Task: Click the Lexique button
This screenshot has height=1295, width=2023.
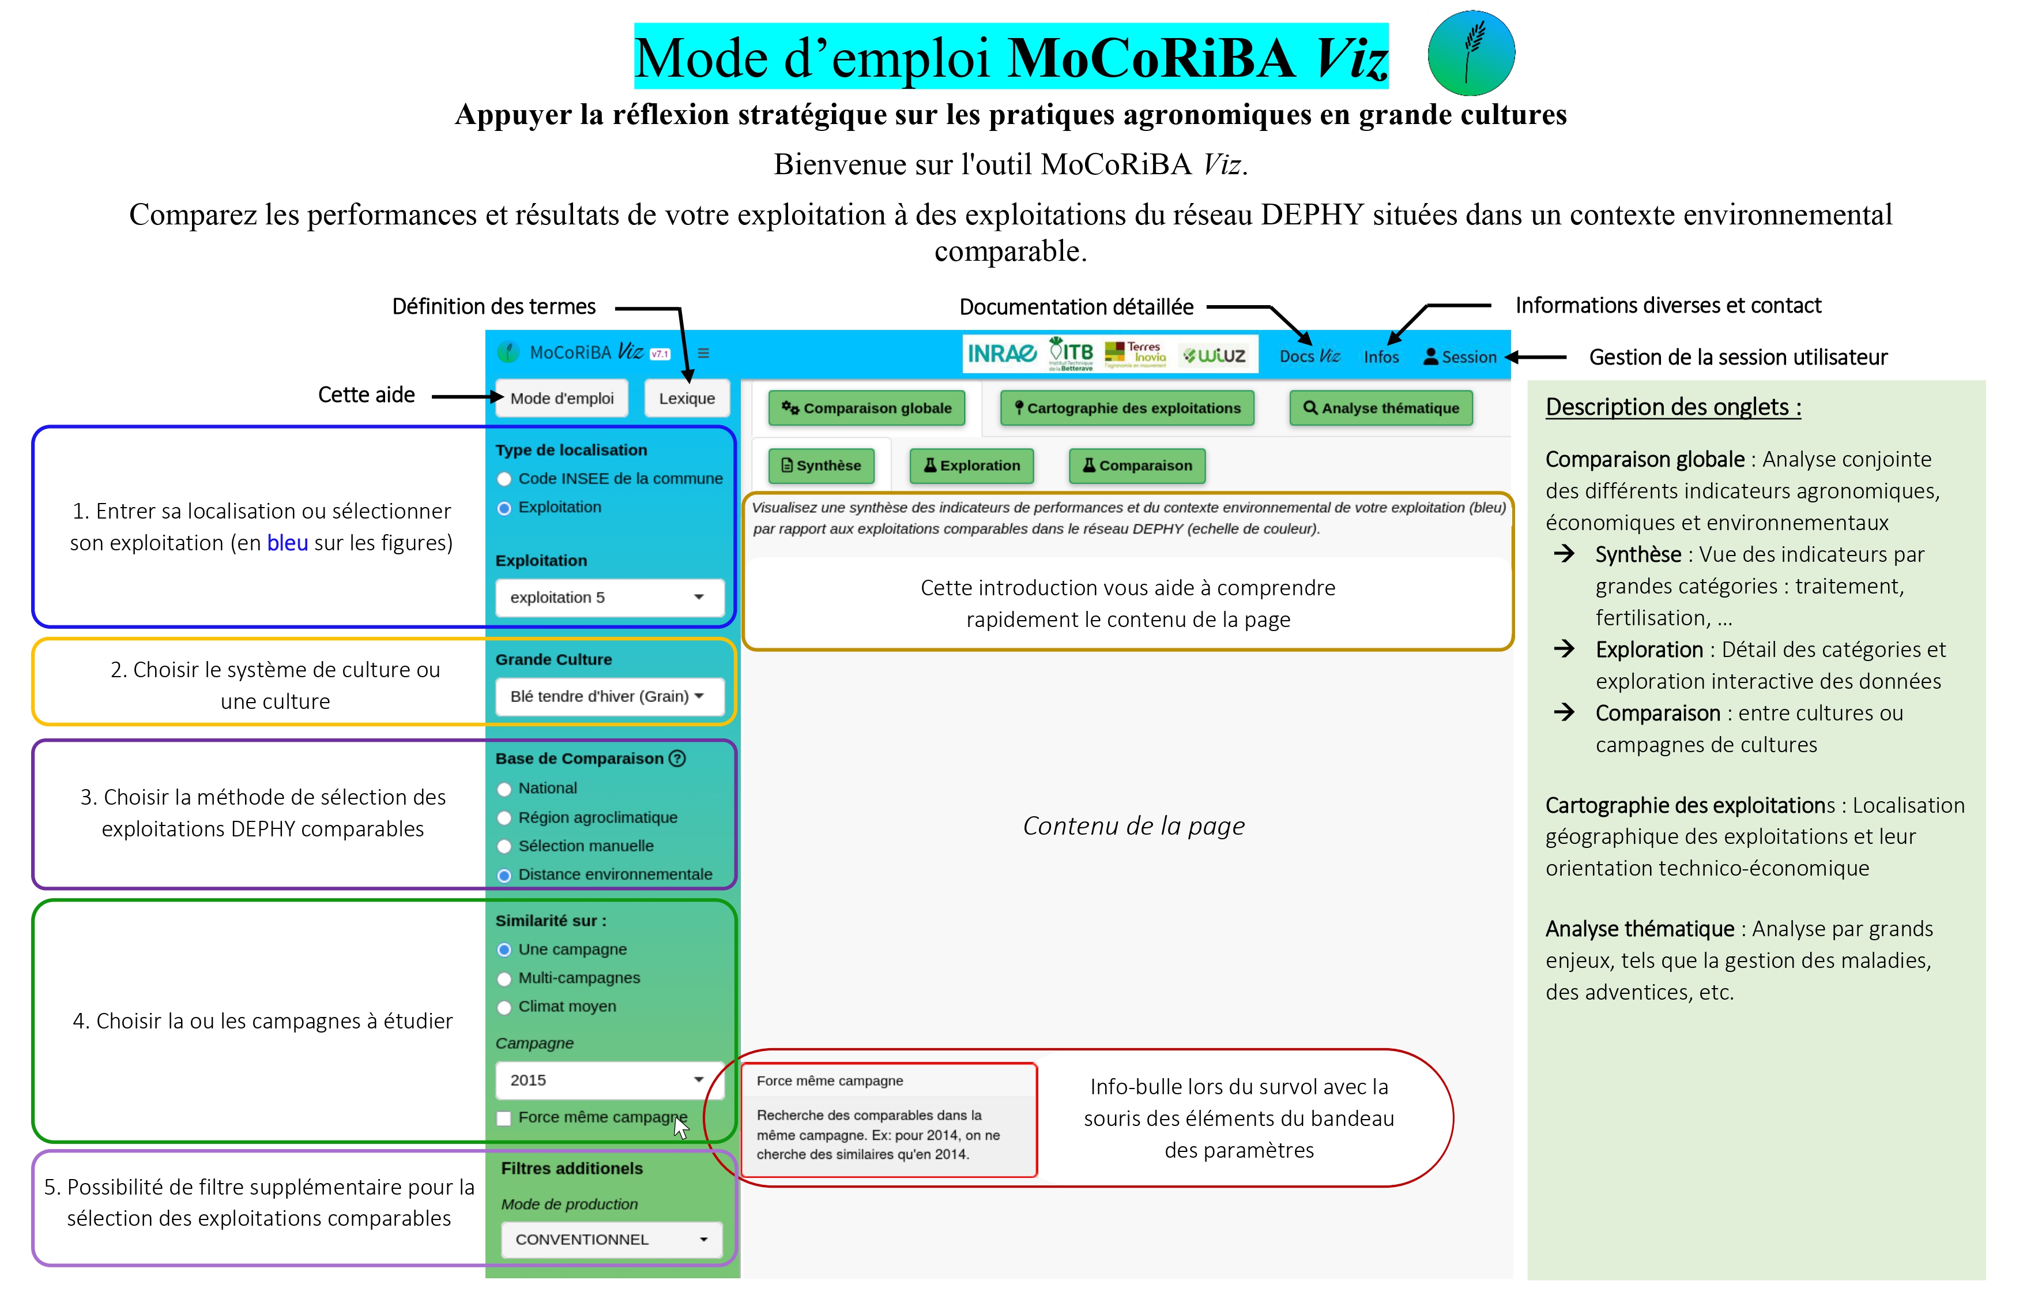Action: point(687,399)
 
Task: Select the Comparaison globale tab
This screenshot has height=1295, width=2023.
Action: point(867,408)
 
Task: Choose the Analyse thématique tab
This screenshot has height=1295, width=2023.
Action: point(1380,408)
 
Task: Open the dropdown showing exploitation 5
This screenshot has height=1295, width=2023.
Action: point(609,597)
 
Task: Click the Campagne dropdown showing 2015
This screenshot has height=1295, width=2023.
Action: point(609,1080)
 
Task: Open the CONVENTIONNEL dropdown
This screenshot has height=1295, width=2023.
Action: point(611,1240)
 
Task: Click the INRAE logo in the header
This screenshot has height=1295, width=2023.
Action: point(1001,354)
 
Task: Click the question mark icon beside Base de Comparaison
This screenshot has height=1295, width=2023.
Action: point(677,759)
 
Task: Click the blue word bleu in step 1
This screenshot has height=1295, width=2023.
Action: point(288,543)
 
